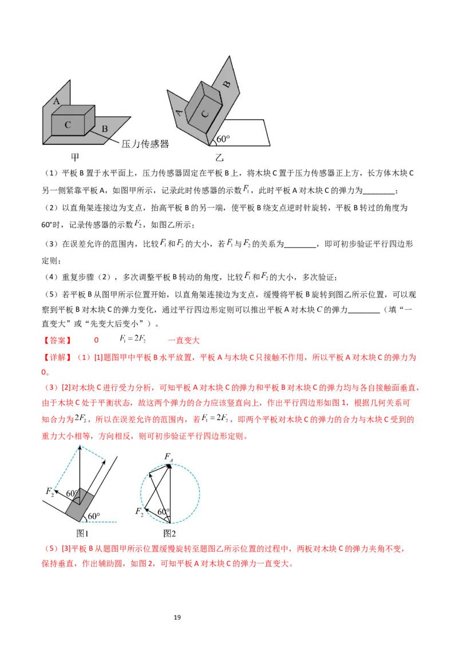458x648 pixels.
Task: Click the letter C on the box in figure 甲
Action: [68, 124]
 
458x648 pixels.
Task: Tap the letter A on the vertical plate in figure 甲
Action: [56, 101]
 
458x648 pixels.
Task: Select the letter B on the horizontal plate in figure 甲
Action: [105, 129]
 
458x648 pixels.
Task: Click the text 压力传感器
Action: [145, 144]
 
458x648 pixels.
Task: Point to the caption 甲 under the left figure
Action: [74, 157]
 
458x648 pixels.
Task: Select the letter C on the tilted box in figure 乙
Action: [206, 113]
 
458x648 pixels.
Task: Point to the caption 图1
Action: [82, 533]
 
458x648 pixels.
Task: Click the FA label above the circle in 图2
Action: [169, 456]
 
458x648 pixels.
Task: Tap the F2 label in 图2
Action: [139, 511]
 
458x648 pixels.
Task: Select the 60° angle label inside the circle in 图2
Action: [164, 512]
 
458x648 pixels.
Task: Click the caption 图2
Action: [169, 533]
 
